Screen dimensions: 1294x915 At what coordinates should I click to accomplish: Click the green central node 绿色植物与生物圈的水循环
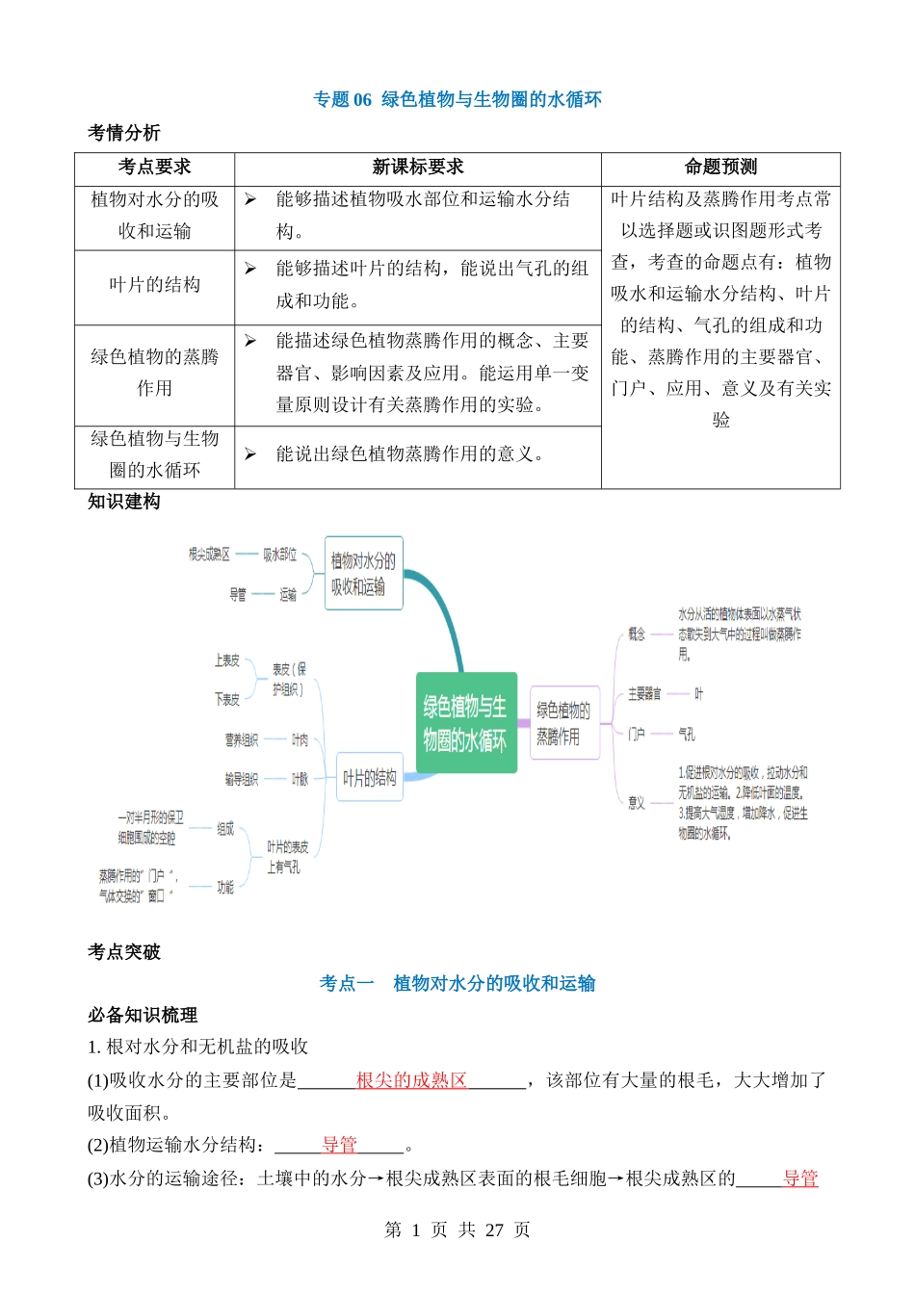click(x=466, y=723)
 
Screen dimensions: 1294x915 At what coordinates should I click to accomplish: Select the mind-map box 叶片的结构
click(x=370, y=778)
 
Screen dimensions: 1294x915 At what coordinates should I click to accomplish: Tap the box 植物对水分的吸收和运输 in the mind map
click(x=363, y=573)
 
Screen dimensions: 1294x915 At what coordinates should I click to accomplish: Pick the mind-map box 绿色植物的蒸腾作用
click(x=563, y=723)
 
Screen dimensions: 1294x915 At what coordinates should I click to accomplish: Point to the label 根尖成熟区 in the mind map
click(x=209, y=555)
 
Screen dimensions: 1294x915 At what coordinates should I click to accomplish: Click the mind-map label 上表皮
click(x=227, y=660)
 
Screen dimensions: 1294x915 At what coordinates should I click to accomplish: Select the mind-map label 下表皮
click(x=227, y=699)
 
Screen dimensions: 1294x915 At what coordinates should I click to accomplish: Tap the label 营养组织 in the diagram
click(x=242, y=739)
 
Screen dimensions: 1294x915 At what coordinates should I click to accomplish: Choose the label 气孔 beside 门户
click(x=687, y=734)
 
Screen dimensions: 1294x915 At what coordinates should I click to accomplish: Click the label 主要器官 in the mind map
click(x=644, y=693)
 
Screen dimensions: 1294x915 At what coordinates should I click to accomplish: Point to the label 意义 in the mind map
click(x=636, y=802)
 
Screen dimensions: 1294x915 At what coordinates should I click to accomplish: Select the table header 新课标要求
click(x=418, y=168)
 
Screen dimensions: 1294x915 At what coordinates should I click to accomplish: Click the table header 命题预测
click(x=720, y=168)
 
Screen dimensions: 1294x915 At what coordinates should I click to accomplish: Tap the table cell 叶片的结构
click(x=154, y=285)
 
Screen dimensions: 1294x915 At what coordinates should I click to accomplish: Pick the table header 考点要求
click(x=154, y=168)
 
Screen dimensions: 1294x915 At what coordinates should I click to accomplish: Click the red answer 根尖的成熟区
click(x=411, y=1080)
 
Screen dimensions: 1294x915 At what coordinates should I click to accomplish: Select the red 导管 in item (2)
click(x=339, y=1145)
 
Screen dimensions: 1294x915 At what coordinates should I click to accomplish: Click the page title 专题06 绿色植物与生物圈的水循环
click(x=457, y=99)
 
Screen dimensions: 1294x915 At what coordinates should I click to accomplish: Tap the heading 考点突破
click(x=124, y=952)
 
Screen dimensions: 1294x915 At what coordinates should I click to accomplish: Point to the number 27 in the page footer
click(x=494, y=1229)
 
